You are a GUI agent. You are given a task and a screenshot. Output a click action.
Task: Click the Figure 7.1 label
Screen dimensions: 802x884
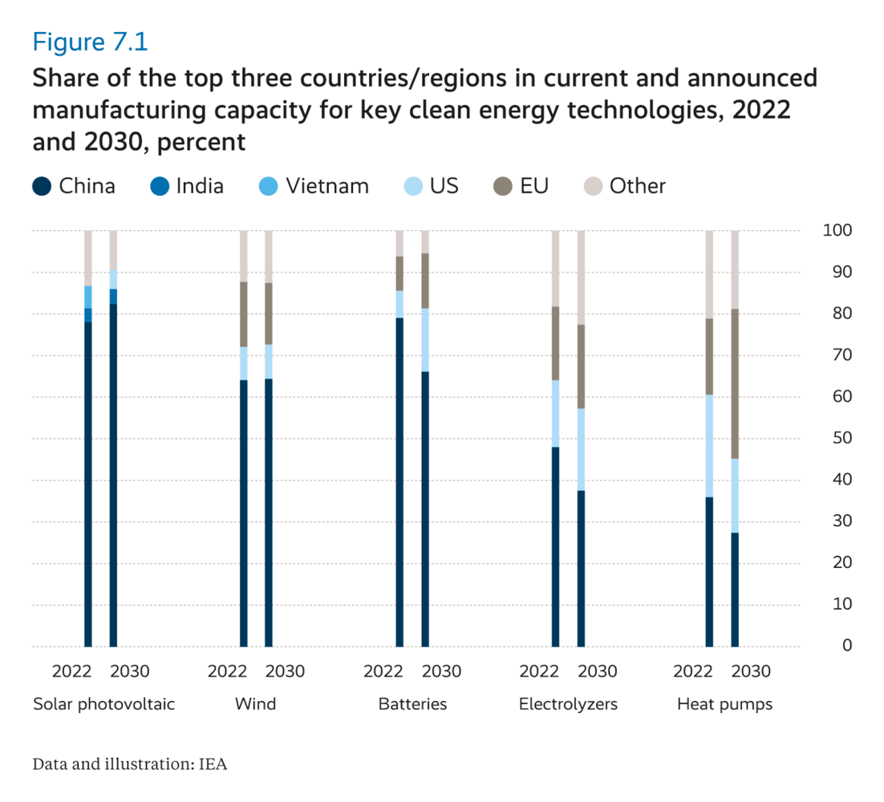pyautogui.click(x=90, y=40)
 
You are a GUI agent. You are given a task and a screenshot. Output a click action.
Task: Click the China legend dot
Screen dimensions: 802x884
pyautogui.click(x=43, y=187)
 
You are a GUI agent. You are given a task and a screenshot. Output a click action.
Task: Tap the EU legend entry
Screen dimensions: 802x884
pyautogui.click(x=522, y=187)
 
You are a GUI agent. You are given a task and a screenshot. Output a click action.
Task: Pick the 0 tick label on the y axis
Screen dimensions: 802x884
pyautogui.click(x=847, y=646)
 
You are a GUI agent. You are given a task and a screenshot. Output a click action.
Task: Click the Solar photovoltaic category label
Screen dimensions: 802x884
pyautogui.click(x=103, y=705)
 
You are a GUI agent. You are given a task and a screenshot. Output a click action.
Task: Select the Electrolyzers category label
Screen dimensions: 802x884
pyautogui.click(x=569, y=705)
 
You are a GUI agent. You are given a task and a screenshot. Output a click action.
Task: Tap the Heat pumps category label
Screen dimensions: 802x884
pyautogui.click(x=724, y=705)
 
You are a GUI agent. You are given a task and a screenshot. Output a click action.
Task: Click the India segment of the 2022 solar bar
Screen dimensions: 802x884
pyautogui.click(x=88, y=315)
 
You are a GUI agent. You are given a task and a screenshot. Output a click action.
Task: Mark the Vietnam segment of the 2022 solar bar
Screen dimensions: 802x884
pyautogui.click(x=88, y=297)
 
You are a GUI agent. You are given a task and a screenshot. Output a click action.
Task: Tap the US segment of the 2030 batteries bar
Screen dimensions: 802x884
pyautogui.click(x=425, y=339)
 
